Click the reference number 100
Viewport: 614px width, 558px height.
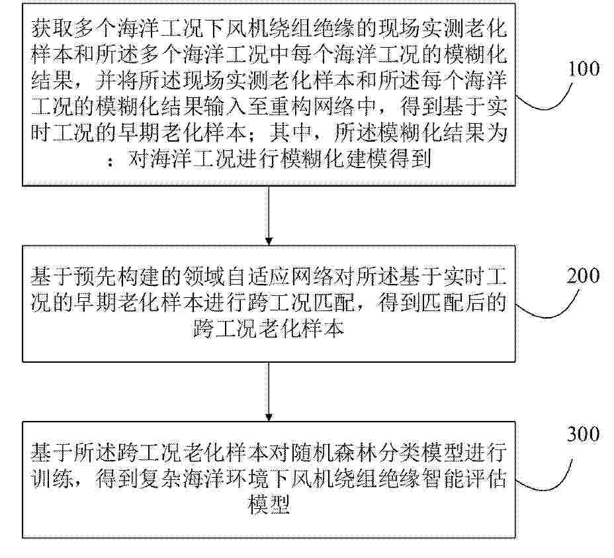(584, 69)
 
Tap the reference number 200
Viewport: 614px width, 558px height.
(584, 275)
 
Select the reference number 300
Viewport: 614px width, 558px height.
(584, 434)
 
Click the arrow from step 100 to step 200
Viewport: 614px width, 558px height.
(269, 216)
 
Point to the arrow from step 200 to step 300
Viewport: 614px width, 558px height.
(269, 392)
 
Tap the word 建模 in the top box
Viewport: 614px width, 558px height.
(366, 159)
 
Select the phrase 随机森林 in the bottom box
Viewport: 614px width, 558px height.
(334, 453)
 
